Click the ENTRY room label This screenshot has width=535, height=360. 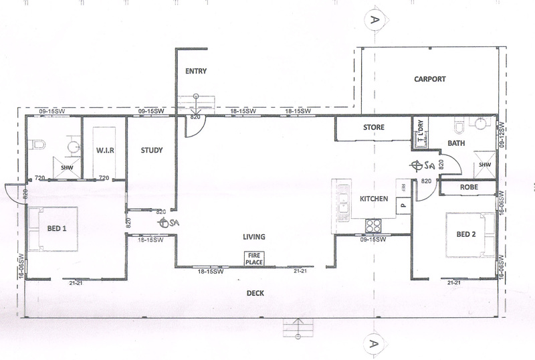pos(196,71)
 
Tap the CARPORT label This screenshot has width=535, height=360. pos(430,79)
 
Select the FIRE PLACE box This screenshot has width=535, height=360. pos(254,259)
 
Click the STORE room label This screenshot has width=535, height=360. pos(374,127)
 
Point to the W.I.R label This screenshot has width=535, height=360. pos(105,150)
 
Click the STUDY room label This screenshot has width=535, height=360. pos(152,150)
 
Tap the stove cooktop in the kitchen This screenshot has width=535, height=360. pos(373,226)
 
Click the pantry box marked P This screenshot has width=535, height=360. pos(403,205)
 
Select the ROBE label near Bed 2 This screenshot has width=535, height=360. pos(469,187)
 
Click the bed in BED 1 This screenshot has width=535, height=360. pos(53,229)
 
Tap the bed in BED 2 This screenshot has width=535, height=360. pos(471,235)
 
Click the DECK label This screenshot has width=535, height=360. pos(255,293)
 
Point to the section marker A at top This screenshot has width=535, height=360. pos(374,19)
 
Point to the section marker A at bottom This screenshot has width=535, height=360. pos(374,343)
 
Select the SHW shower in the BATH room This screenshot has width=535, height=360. pos(484,165)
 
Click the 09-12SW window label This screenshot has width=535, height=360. pos(502,135)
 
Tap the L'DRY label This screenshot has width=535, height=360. pos(421,128)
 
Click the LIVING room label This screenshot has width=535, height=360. pos(254,237)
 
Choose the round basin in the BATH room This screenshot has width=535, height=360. pos(480,124)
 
